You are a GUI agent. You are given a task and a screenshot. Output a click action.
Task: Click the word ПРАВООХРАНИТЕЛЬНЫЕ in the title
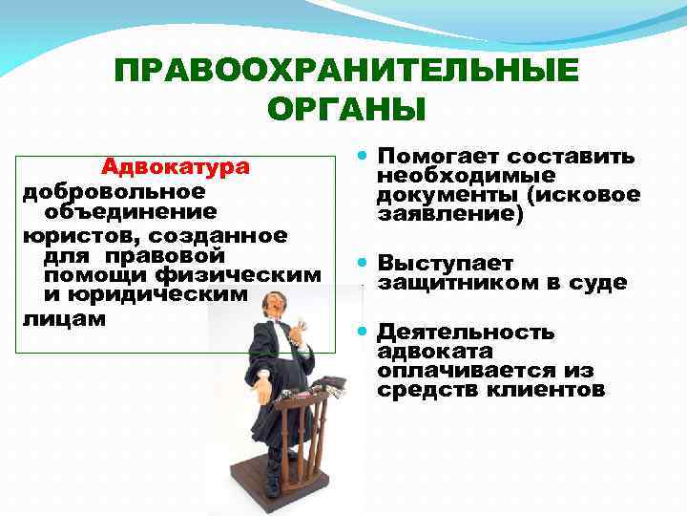pyautogui.click(x=345, y=72)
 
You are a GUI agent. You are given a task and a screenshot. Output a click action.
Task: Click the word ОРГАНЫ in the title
pyautogui.click(x=345, y=109)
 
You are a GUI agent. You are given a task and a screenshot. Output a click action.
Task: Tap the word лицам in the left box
pyautogui.click(x=53, y=318)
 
